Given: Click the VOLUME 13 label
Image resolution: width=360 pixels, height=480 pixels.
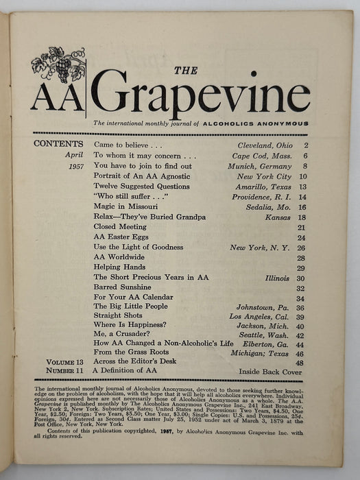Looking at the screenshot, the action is [66, 361].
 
